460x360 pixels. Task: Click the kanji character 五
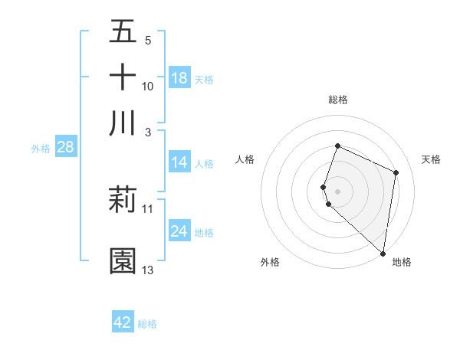coord(123,31)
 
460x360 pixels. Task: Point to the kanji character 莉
coord(123,200)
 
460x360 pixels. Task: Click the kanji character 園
coord(123,261)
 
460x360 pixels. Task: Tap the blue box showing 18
coord(179,78)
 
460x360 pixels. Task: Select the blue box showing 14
coord(179,162)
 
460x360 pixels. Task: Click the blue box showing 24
coord(179,231)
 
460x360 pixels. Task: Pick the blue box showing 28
coord(65,148)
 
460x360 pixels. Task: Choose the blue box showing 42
coord(123,322)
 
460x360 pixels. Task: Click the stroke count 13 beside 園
coord(148,270)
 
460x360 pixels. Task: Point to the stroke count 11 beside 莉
coord(148,208)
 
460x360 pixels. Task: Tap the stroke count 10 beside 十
coord(148,86)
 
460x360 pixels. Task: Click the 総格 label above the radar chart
coord(338,100)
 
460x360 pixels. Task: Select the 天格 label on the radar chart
coord(432,159)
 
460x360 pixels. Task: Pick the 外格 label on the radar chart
coord(270,262)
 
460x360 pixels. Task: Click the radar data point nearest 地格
coord(383,254)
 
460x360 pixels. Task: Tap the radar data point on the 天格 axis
coord(396,172)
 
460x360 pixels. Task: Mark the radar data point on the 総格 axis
coord(337,146)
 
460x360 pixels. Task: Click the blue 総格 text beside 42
coord(147,324)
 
